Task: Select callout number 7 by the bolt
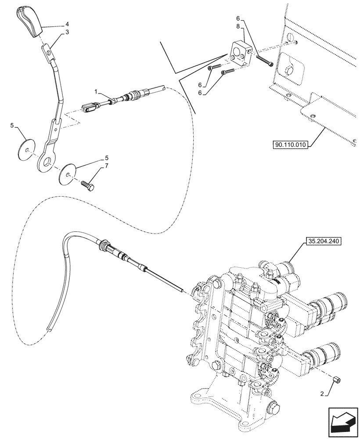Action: coord(105,167)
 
